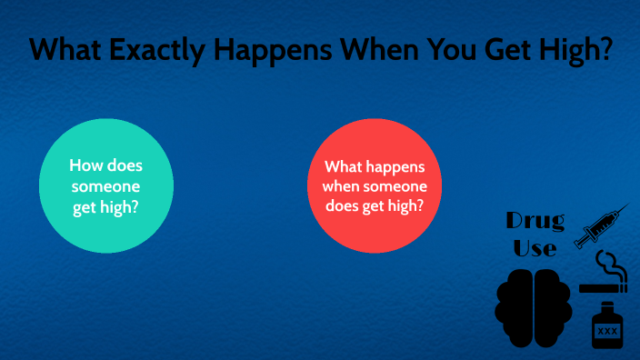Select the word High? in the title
[569, 51]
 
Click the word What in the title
[65, 51]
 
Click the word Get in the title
[498, 51]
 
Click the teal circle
[107, 185]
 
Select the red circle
[375, 185]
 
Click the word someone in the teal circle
[107, 185]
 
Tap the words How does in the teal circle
[107, 167]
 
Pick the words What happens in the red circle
[375, 167]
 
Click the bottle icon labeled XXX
[607, 327]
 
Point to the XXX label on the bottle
[607, 332]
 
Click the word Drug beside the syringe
[535, 221]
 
